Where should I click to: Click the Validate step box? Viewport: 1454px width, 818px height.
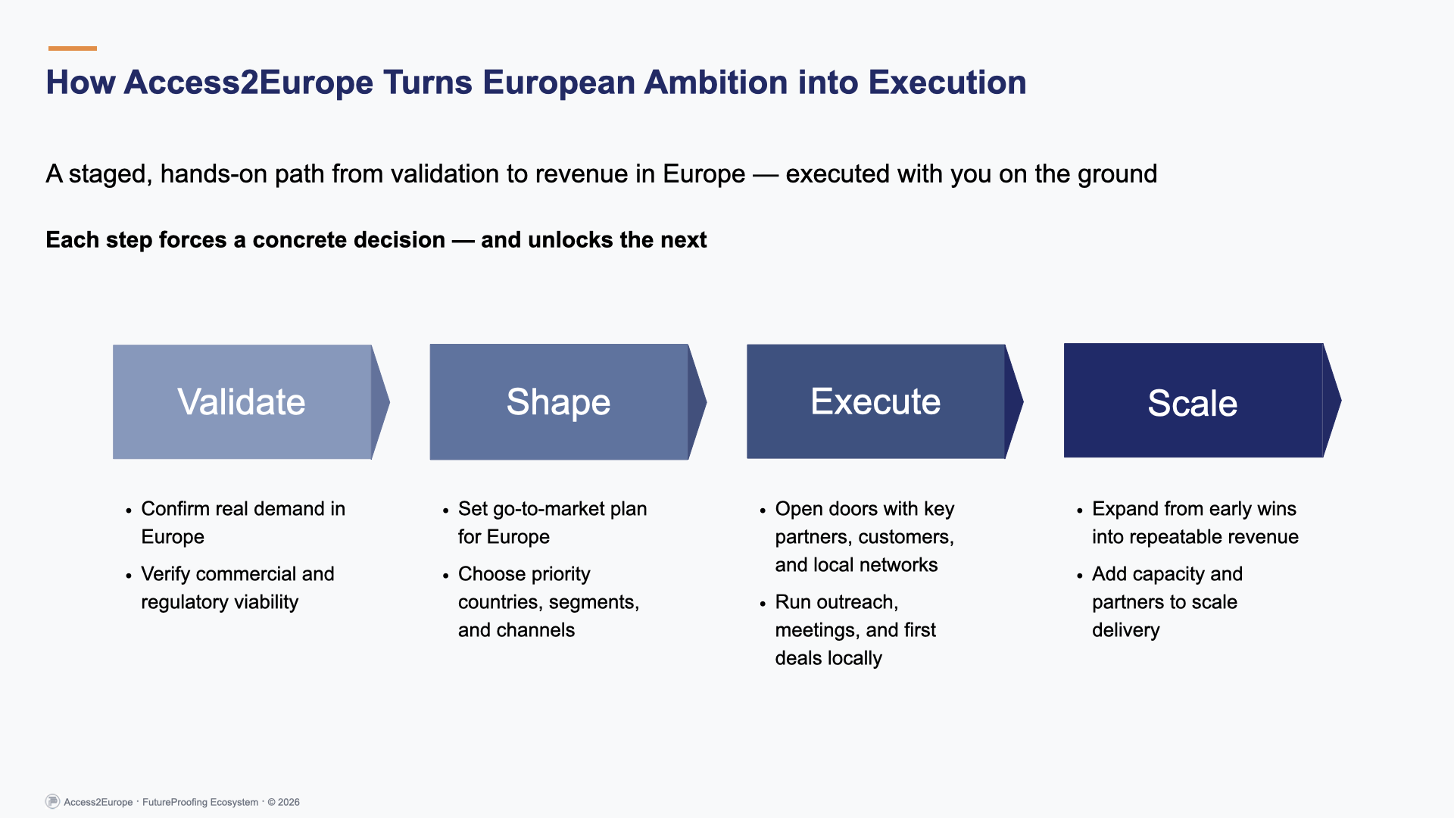coord(242,401)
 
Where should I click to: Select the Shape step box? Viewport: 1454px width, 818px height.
coord(559,401)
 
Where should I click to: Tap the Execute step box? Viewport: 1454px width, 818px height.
coord(875,401)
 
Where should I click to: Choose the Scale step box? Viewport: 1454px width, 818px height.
coord(1193,401)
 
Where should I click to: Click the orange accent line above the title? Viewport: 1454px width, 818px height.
coord(73,48)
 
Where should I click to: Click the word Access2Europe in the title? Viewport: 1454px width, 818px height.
coord(248,83)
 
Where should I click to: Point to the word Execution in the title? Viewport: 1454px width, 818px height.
coord(947,83)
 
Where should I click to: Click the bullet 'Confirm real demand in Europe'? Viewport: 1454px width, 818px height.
coord(242,523)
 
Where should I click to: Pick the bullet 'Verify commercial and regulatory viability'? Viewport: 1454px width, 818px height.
coord(237,588)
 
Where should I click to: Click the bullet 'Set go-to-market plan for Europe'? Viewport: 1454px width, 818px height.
coord(552,523)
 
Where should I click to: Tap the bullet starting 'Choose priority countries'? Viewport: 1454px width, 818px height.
coord(548,602)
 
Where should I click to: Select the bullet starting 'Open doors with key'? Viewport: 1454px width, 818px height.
coord(864,536)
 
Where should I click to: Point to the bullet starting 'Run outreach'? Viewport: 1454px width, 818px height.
coord(855,629)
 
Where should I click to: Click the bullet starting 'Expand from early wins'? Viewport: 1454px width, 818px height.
coord(1194,523)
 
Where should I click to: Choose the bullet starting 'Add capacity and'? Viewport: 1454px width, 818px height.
coord(1166,602)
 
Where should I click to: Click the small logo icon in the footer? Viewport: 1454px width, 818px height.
coord(52,801)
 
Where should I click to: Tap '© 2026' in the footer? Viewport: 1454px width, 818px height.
coord(283,802)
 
